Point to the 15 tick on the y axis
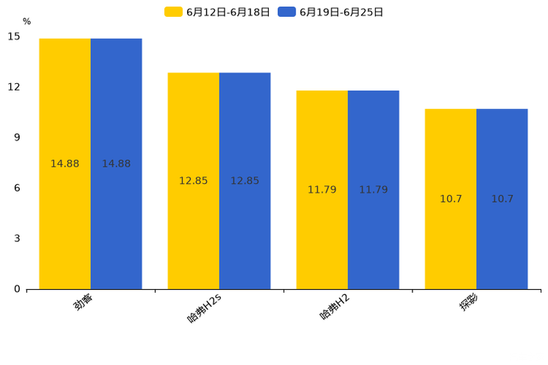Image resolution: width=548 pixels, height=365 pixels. click(14, 36)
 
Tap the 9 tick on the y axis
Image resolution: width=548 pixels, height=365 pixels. click(17, 138)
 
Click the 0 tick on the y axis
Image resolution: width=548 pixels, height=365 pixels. click(17, 289)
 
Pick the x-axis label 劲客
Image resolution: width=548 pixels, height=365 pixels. click(82, 301)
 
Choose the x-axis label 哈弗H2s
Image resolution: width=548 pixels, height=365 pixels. click(205, 308)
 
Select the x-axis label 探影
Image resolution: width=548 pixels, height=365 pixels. click(468, 301)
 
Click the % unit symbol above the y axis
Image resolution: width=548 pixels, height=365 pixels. click(27, 22)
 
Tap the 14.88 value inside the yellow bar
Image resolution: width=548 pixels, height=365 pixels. click(65, 164)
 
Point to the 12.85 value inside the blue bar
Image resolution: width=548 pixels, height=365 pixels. click(245, 181)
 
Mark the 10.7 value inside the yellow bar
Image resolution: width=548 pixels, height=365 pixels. click(451, 199)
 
